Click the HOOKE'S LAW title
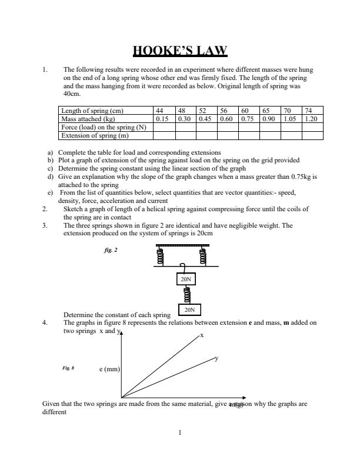[x=180, y=51]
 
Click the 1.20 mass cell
[x=310, y=118]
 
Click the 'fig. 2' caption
[x=110, y=249]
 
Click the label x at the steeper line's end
[x=202, y=335]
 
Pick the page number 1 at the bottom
[x=180, y=434]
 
